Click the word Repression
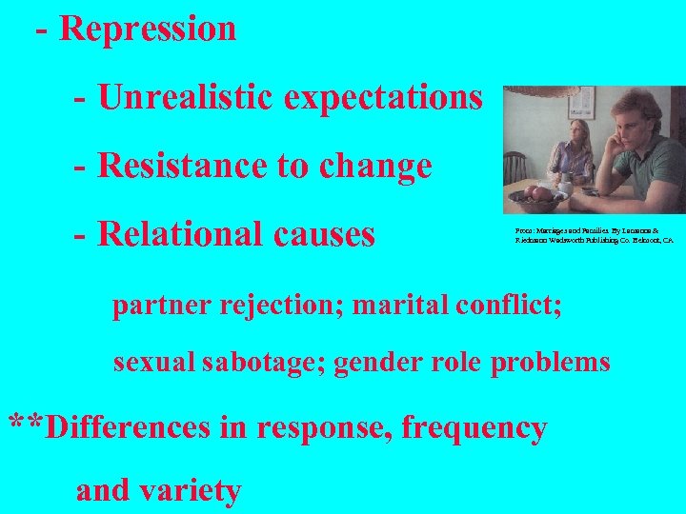[x=148, y=29]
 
